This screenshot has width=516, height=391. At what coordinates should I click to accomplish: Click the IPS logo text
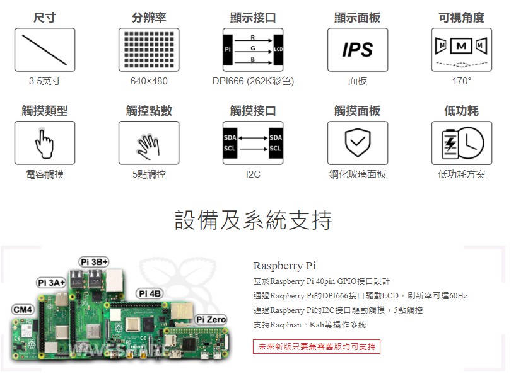(358, 50)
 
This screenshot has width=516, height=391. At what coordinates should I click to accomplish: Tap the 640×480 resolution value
(149, 81)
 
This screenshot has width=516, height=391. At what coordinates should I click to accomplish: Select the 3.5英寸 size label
(45, 81)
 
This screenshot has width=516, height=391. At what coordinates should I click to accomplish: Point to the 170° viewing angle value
(461, 81)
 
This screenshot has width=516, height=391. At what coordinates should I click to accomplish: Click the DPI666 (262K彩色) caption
(253, 81)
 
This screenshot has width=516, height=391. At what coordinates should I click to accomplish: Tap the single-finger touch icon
(44, 144)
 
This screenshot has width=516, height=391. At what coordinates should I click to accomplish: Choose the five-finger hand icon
(149, 146)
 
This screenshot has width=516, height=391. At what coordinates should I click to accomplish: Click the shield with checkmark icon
(358, 143)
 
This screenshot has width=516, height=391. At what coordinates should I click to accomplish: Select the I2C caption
(253, 174)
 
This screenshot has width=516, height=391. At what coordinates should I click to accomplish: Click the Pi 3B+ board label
(94, 262)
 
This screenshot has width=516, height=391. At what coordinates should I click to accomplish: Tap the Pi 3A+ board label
(51, 283)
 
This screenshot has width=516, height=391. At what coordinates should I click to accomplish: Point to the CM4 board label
(22, 309)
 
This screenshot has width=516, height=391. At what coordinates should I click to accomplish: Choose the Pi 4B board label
(150, 293)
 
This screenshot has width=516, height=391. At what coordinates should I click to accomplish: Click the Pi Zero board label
(211, 319)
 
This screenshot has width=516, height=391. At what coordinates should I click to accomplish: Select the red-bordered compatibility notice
(317, 347)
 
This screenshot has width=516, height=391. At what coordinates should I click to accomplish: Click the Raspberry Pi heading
(284, 266)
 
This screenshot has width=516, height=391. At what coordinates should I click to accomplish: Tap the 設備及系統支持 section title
(253, 220)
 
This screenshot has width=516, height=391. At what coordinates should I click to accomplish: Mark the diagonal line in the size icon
(44, 50)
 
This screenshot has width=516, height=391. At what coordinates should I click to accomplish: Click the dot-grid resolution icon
(149, 50)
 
